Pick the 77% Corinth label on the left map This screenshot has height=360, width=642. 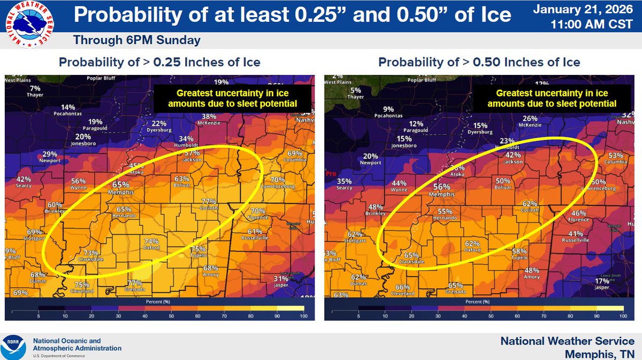tap(208, 204)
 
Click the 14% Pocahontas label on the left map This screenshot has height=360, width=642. tap(67, 110)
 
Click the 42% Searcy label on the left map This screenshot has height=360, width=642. tap(24, 182)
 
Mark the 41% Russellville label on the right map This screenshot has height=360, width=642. tap(575, 236)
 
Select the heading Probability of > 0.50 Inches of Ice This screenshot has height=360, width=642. tap(479, 62)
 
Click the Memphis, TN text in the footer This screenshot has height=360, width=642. tap(600, 354)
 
